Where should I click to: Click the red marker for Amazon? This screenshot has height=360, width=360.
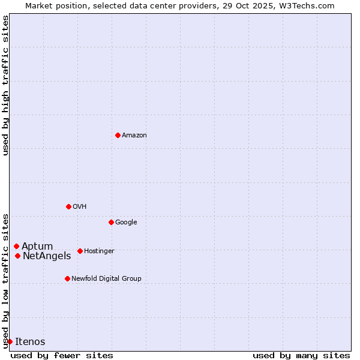tap(118, 135)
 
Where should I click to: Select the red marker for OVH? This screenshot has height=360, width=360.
tap(68, 206)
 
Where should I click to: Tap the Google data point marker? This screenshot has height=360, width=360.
tap(111, 222)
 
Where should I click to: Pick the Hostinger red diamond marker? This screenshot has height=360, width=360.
tap(80, 251)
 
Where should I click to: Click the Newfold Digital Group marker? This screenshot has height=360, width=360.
tap(67, 278)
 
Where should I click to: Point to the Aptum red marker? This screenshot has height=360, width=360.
tap(16, 246)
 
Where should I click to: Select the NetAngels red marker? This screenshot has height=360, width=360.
tap(17, 256)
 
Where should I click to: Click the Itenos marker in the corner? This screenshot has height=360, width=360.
tap(10, 341)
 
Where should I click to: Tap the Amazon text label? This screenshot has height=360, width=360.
tap(134, 136)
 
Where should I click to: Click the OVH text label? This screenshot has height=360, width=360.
tap(80, 207)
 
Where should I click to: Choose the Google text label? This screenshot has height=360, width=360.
tap(126, 223)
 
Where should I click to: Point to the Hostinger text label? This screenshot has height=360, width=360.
tap(99, 251)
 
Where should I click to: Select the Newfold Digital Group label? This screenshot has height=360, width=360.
tap(106, 279)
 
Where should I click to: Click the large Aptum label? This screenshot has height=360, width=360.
tap(37, 247)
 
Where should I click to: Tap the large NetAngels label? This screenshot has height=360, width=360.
tap(47, 256)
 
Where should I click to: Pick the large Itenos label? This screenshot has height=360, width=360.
tap(30, 342)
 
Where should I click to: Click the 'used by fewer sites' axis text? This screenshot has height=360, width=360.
tap(62, 355)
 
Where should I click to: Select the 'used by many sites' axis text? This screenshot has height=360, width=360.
tap(301, 355)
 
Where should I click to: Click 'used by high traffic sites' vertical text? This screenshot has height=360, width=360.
tap(5, 85)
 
